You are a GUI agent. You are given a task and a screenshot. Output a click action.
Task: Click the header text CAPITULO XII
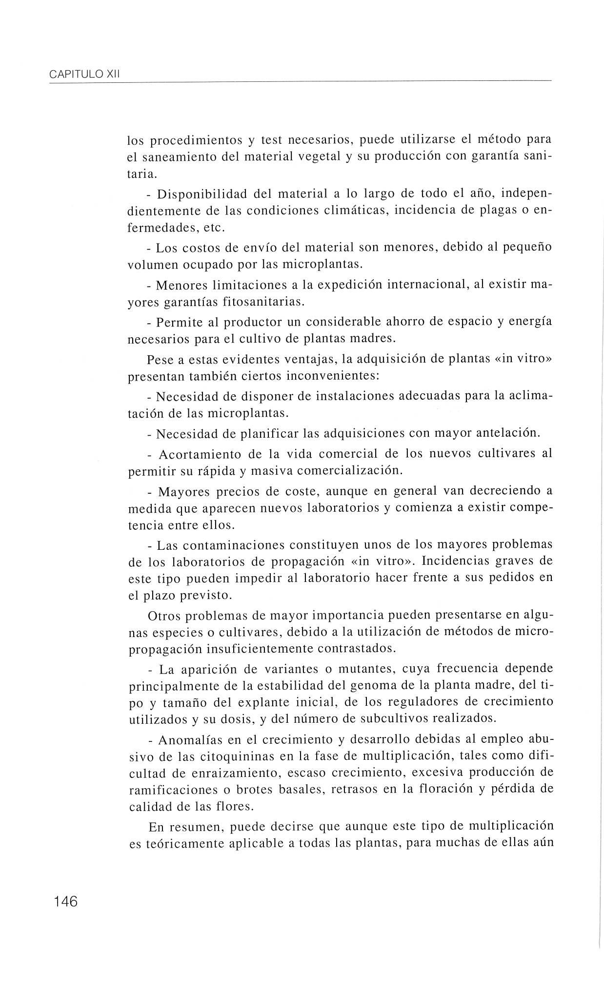85,75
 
